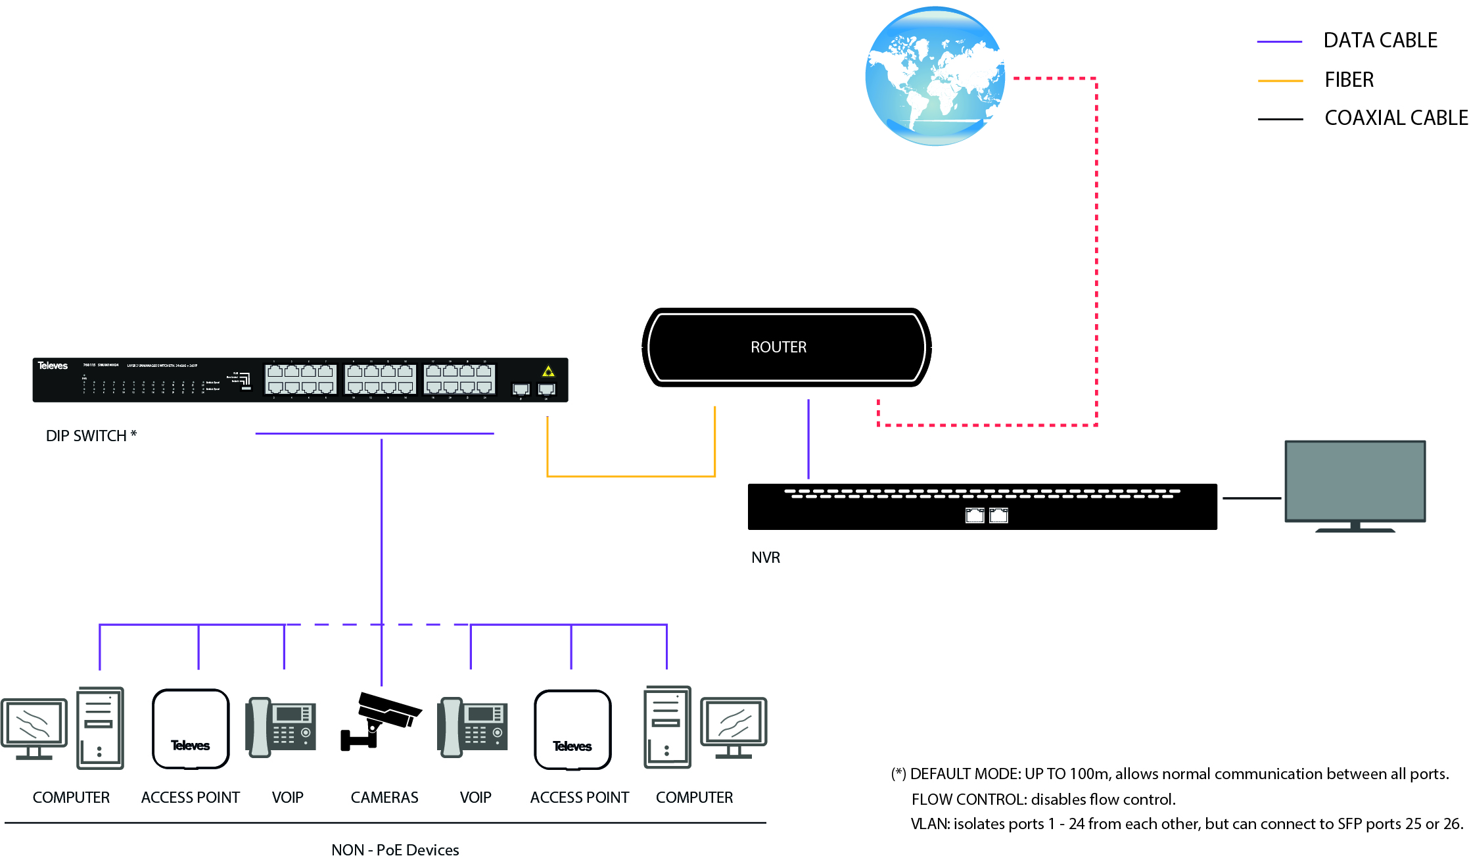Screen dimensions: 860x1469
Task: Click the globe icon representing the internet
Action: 935,76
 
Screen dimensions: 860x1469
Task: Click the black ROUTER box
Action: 786,347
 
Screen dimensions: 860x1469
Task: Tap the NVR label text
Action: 766,558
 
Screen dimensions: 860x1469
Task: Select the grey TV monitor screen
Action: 1355,481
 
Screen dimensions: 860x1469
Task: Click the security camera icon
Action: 380,721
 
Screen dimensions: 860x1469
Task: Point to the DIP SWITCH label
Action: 91,436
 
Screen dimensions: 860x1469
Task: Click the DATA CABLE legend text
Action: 1380,41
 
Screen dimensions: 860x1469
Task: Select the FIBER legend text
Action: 1349,80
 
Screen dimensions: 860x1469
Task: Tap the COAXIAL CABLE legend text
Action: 1395,118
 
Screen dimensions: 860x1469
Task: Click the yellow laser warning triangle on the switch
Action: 548,371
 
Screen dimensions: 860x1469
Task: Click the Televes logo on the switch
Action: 53,366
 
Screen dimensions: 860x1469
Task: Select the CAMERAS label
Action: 385,798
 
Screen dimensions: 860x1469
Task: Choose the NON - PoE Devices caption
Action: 395,850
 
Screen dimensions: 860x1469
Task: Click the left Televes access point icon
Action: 191,729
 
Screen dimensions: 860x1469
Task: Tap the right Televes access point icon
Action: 572,729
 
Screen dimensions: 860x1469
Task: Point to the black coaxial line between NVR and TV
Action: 1251,498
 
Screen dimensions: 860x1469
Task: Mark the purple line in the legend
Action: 1279,41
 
